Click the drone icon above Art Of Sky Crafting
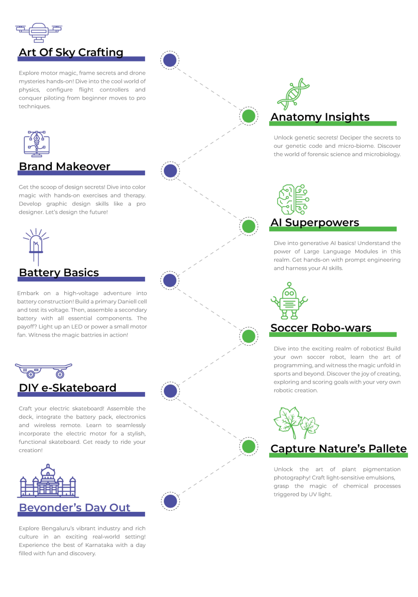39,32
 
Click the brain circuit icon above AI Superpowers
293,199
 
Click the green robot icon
289,301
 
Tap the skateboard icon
43,371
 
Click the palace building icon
48,481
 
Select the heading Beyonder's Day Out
74,507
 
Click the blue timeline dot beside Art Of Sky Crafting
170,60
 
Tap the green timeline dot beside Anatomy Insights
248,116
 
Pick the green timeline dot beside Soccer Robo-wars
248,336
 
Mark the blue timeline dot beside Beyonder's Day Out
170,501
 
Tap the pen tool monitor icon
37,144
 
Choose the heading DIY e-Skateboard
67,388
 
